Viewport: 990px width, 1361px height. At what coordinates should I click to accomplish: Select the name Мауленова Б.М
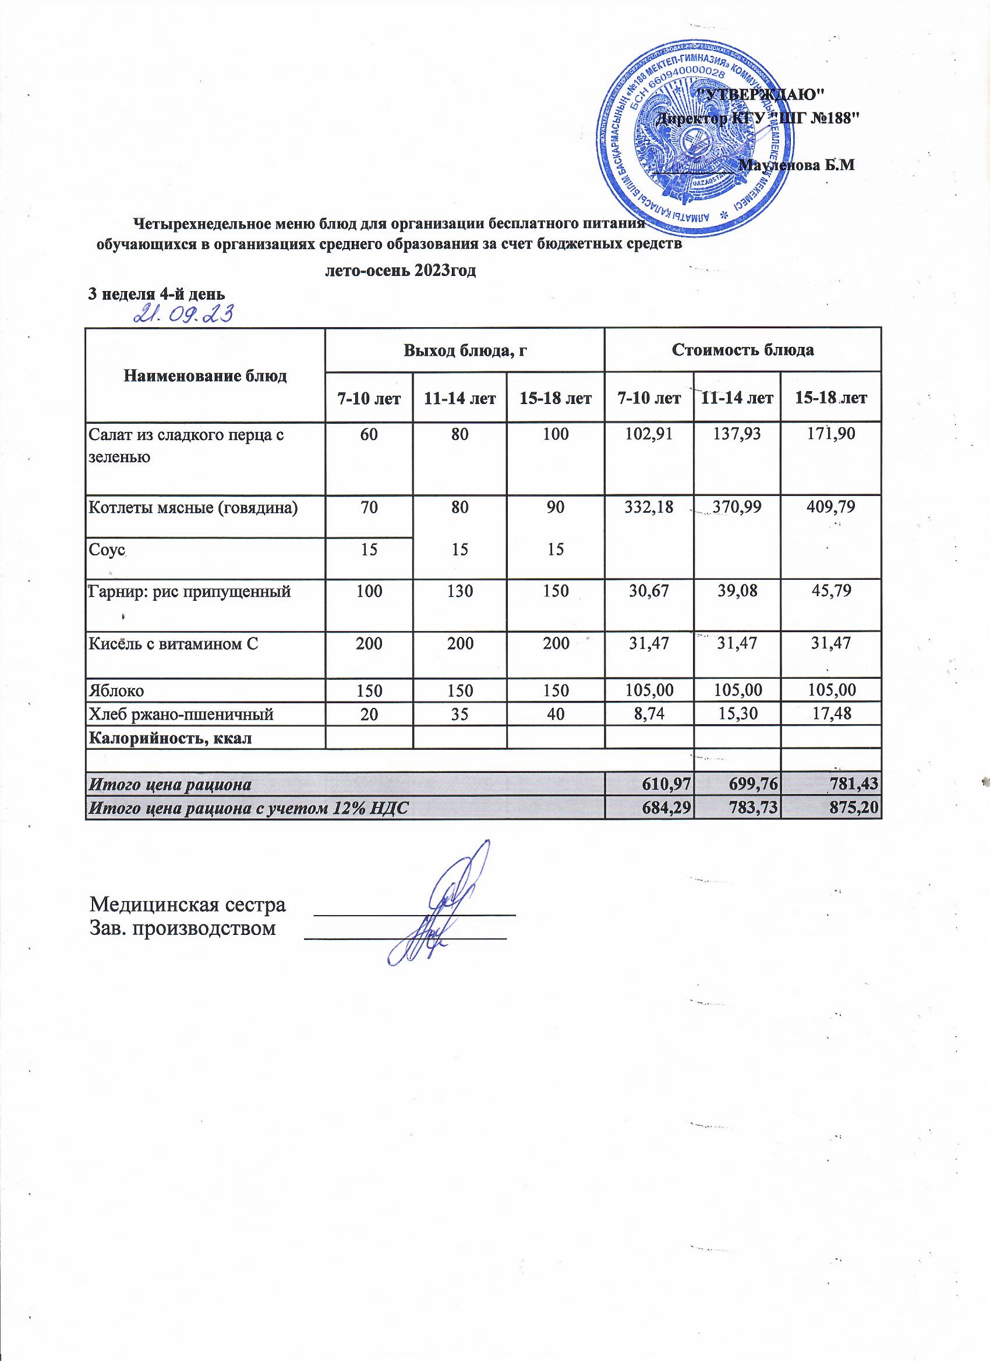[798, 165]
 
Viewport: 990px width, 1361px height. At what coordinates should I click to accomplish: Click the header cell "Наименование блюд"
[205, 375]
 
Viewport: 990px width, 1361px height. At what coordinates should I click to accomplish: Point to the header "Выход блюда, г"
[465, 350]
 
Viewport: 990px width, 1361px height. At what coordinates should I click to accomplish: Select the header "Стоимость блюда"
[742, 350]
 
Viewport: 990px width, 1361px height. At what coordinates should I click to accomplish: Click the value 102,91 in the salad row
[648, 434]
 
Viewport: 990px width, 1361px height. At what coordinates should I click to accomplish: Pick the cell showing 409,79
[830, 508]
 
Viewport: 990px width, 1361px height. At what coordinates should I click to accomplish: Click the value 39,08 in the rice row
[737, 591]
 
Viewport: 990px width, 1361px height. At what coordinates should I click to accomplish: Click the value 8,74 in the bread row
[648, 714]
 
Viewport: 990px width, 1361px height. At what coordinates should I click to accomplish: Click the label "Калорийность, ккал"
[170, 738]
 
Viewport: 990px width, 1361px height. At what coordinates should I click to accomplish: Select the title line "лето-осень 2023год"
[401, 271]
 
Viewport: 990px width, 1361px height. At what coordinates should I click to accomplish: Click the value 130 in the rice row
[460, 591]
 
